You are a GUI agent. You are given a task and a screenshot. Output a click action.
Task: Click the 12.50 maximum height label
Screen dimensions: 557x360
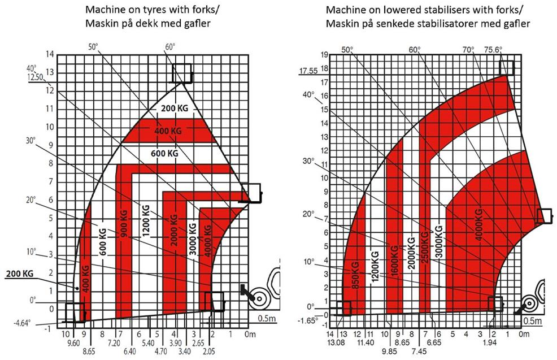[35, 77]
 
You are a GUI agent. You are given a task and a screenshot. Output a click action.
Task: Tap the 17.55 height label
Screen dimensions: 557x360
[308, 71]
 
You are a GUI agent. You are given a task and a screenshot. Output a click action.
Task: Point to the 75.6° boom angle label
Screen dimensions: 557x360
[493, 50]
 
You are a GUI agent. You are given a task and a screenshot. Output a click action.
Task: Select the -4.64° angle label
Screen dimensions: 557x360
[22, 324]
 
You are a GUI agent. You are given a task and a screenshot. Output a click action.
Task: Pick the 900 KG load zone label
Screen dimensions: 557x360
[124, 224]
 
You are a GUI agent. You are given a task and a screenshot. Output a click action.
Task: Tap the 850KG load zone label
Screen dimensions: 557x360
[355, 275]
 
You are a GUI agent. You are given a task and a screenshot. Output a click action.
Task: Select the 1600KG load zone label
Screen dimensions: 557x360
[394, 260]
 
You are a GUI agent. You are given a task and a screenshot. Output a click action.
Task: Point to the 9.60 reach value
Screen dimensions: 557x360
[73, 343]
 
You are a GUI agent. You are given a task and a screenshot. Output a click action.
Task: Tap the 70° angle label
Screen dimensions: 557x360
[468, 50]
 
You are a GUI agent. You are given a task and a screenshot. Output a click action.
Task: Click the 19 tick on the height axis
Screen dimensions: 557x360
[324, 55]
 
